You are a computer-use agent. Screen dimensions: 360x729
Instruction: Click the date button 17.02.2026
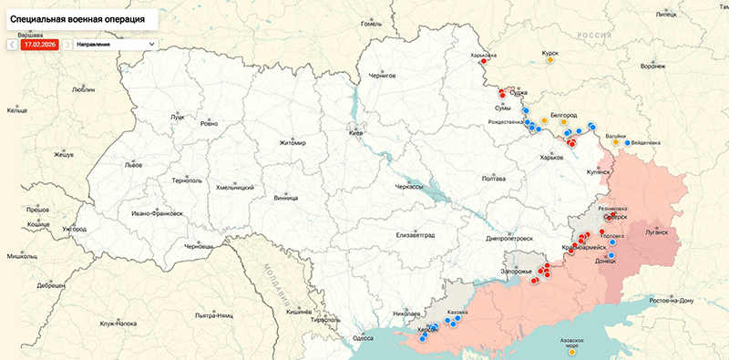pyautogui.click(x=40, y=44)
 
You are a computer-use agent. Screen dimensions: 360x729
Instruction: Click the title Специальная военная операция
pyautogui.click(x=78, y=18)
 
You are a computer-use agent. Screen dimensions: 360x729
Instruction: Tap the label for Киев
pyautogui.click(x=356, y=133)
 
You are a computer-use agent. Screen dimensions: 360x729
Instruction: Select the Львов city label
pyautogui.click(x=133, y=165)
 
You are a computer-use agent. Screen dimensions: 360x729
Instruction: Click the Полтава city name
pyautogui.click(x=493, y=178)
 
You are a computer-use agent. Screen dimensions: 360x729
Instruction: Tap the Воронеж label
pyautogui.click(x=652, y=67)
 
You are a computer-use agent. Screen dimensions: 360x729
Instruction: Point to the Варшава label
pyautogui.click(x=30, y=35)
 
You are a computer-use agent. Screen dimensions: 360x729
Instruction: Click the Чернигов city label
pyautogui.click(x=383, y=77)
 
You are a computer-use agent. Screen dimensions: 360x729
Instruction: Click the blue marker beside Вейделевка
pyautogui.click(x=625, y=142)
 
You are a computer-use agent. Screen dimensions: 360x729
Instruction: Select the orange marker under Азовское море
pyautogui.click(x=571, y=354)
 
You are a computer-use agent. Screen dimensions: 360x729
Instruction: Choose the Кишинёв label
pyautogui.click(x=299, y=312)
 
